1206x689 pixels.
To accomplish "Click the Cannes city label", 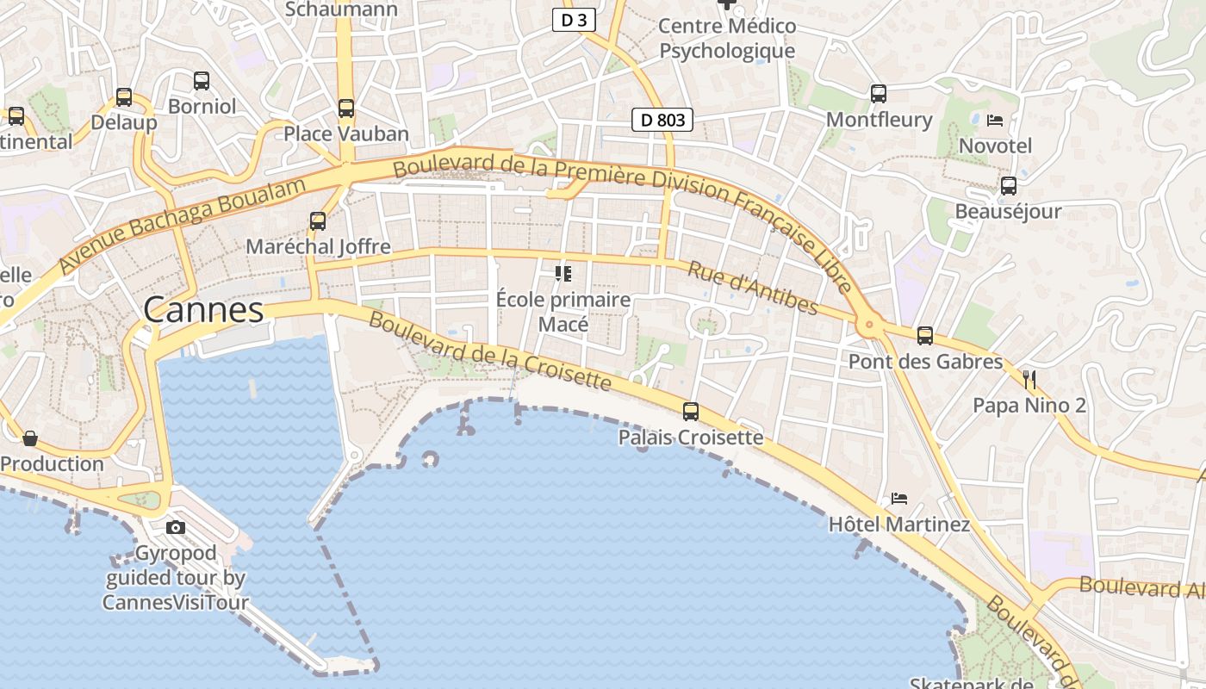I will pos(203,310).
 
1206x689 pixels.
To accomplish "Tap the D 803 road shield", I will pos(662,120).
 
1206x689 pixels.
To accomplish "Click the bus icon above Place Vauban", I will pos(346,109).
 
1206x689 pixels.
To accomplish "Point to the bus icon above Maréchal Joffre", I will pos(318,221).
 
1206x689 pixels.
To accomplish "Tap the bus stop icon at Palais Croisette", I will pos(691,412).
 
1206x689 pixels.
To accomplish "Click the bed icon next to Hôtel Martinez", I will pos(899,498).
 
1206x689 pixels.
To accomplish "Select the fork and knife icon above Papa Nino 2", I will pos(1029,379).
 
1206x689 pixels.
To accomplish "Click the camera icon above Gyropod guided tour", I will pos(176,527).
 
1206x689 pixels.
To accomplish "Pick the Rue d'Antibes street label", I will pos(752,288).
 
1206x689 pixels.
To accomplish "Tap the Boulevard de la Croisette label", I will pos(490,351).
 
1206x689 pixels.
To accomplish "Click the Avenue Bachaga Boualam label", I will pos(183,226).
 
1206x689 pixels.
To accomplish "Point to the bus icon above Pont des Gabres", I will pos(925,336).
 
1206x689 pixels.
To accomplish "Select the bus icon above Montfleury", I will pos(879,94).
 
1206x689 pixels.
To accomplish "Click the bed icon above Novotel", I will pos(995,120).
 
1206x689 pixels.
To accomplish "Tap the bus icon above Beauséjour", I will pos(1009,185).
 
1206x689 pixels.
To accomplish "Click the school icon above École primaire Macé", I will pos(563,274).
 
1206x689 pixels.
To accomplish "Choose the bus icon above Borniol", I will pos(202,81).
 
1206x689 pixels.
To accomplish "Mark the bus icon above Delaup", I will pos(124,97).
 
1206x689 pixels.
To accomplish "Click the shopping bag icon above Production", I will pos(30,438).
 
